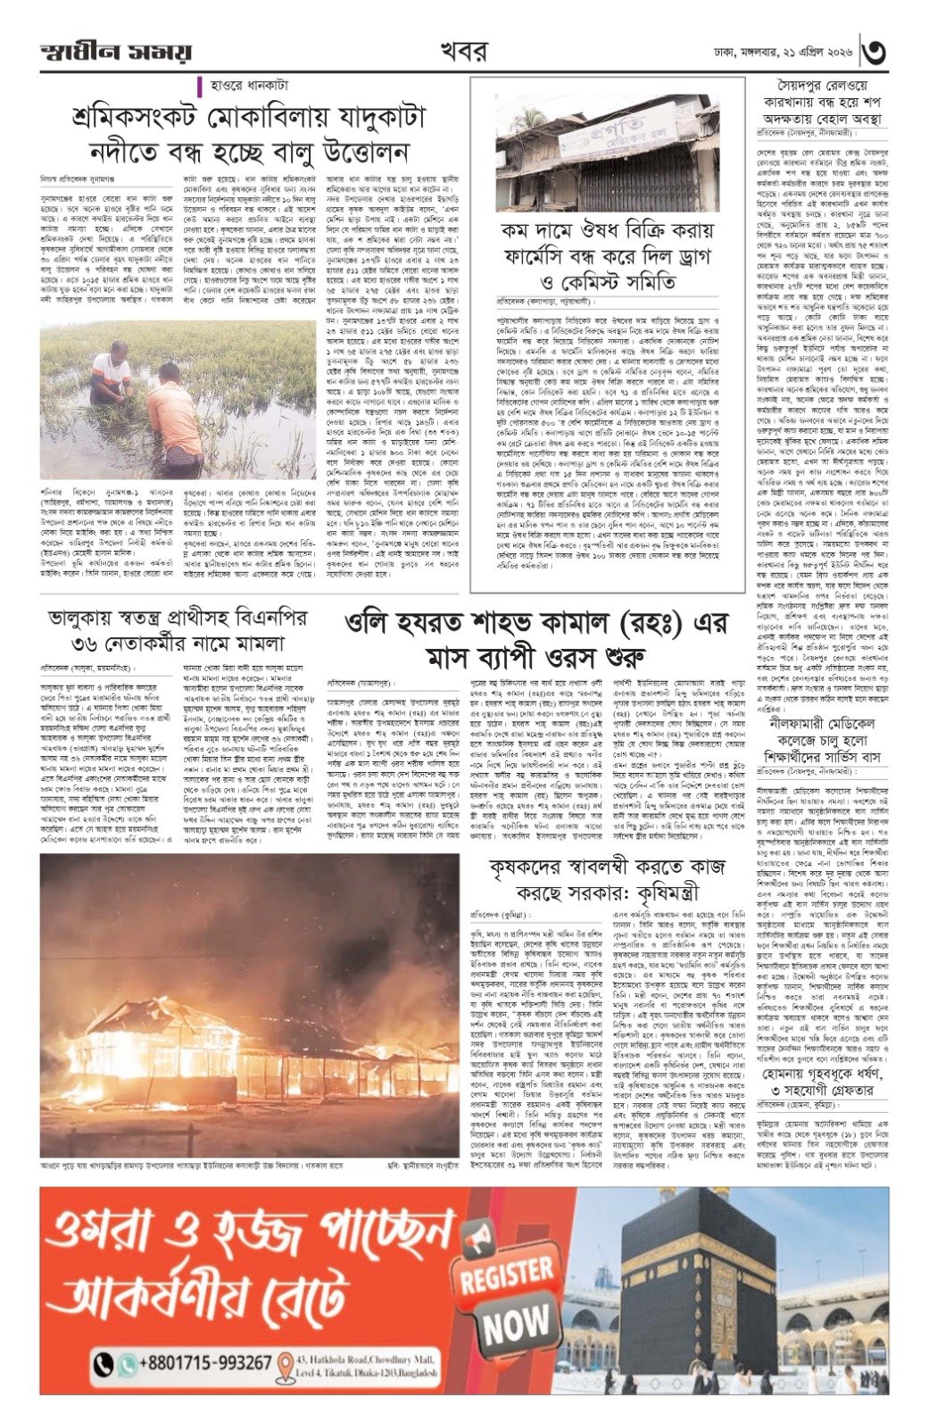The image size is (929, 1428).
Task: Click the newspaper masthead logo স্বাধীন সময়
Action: click(x=115, y=52)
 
